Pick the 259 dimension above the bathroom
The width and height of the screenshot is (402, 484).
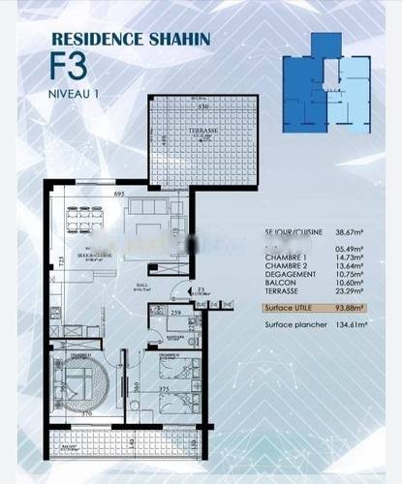[176, 314]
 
